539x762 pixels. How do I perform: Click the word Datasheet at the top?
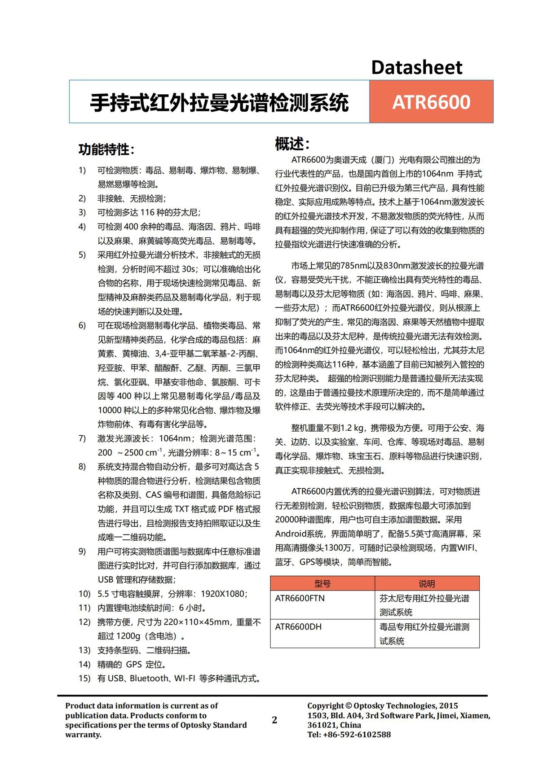coord(416,68)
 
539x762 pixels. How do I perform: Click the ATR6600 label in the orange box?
coord(431,102)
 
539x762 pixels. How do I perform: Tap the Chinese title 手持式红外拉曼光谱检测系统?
coord(219,102)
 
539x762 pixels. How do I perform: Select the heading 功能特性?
coord(106,149)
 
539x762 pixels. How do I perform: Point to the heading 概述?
coord(292,144)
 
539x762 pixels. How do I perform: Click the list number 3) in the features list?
coord(82,212)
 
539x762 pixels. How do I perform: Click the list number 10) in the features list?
coord(84,594)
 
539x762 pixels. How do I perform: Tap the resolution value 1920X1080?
coord(223,594)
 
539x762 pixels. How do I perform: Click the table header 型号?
coord(322,583)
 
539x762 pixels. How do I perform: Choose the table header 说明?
coord(427,583)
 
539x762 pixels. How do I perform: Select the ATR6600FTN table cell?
coord(300,598)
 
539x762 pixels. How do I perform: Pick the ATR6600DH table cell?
coord(298,626)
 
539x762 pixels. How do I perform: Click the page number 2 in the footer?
coord(274,720)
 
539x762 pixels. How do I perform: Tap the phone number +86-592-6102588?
coord(357,735)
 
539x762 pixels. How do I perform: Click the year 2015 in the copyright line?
coord(448,705)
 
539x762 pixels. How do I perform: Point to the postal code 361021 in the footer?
coord(322,725)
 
